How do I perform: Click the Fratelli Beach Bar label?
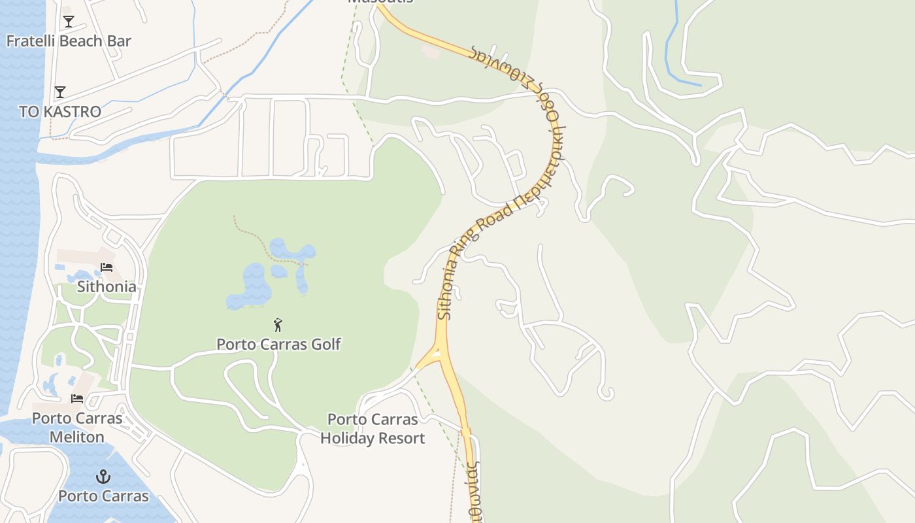click(x=69, y=41)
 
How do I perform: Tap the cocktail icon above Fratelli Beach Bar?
click(x=69, y=22)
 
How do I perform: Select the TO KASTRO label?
click(x=60, y=112)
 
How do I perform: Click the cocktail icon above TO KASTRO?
click(x=60, y=92)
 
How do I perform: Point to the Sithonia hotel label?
click(x=107, y=286)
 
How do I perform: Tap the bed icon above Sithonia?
click(x=107, y=267)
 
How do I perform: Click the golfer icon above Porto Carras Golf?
click(x=278, y=324)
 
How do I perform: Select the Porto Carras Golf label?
click(x=278, y=344)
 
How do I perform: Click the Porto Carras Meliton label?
click(x=77, y=428)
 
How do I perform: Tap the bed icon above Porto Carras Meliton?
click(x=77, y=398)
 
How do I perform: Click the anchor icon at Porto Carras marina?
click(x=103, y=477)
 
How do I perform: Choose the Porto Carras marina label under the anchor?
click(x=103, y=496)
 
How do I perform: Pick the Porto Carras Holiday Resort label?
click(x=373, y=429)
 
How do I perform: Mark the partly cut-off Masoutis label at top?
click(x=380, y=2)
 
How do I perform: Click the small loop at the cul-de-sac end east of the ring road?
click(x=607, y=393)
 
